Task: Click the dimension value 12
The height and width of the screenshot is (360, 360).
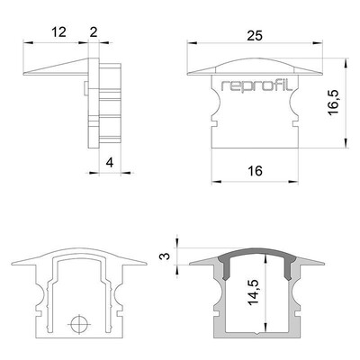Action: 58,32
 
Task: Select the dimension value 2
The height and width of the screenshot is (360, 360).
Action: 94,32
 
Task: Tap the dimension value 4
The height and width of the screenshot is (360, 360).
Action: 110,163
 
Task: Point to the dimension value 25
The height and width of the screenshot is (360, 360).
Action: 255,36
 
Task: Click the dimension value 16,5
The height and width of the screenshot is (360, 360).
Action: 333,103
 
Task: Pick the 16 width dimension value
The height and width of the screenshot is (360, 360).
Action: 255,171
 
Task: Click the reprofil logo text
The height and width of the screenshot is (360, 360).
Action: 256,85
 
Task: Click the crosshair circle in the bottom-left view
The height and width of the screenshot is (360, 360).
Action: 79,324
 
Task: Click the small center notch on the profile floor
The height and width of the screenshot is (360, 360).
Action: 256,333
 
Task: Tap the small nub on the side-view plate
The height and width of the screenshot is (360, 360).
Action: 86,88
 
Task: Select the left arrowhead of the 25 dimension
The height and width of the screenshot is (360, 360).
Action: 192,43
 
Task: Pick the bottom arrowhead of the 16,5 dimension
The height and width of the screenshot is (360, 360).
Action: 346,142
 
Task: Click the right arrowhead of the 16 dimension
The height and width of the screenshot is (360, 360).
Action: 293,182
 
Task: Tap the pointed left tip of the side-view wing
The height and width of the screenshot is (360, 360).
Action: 23,73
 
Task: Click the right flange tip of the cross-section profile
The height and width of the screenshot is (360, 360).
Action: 324,264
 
